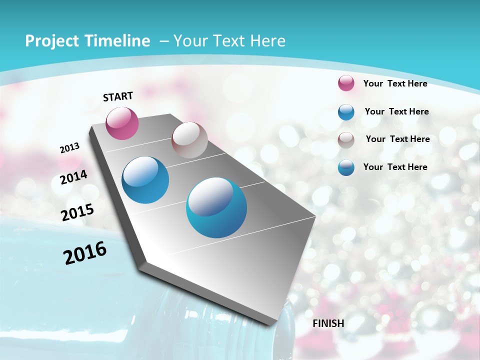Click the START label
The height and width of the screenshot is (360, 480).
pyautogui.click(x=118, y=96)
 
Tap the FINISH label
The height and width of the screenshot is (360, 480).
pyautogui.click(x=328, y=323)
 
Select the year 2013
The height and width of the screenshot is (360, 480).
pyautogui.click(x=70, y=148)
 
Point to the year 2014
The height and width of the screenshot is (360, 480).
pyautogui.click(x=74, y=177)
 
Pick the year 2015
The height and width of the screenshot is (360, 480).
pyautogui.click(x=77, y=212)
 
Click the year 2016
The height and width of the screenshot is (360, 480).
pyautogui.click(x=85, y=252)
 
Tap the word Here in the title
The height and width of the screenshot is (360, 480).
pyautogui.click(x=268, y=41)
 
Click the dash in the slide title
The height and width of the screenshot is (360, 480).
pyautogui.click(x=164, y=41)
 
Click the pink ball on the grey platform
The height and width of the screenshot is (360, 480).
pyautogui.click(x=122, y=123)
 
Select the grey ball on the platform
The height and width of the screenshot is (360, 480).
pyautogui.click(x=189, y=140)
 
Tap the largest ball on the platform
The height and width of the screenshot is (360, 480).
pyautogui.click(x=216, y=207)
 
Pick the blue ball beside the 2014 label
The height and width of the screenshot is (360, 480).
pyautogui.click(x=145, y=180)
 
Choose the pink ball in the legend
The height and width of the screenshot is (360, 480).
pyautogui.click(x=346, y=83)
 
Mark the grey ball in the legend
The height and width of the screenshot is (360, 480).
pyautogui.click(x=346, y=140)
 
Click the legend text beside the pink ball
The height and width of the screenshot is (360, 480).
pyautogui.click(x=395, y=83)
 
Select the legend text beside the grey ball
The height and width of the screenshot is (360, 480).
pyautogui.click(x=397, y=139)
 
